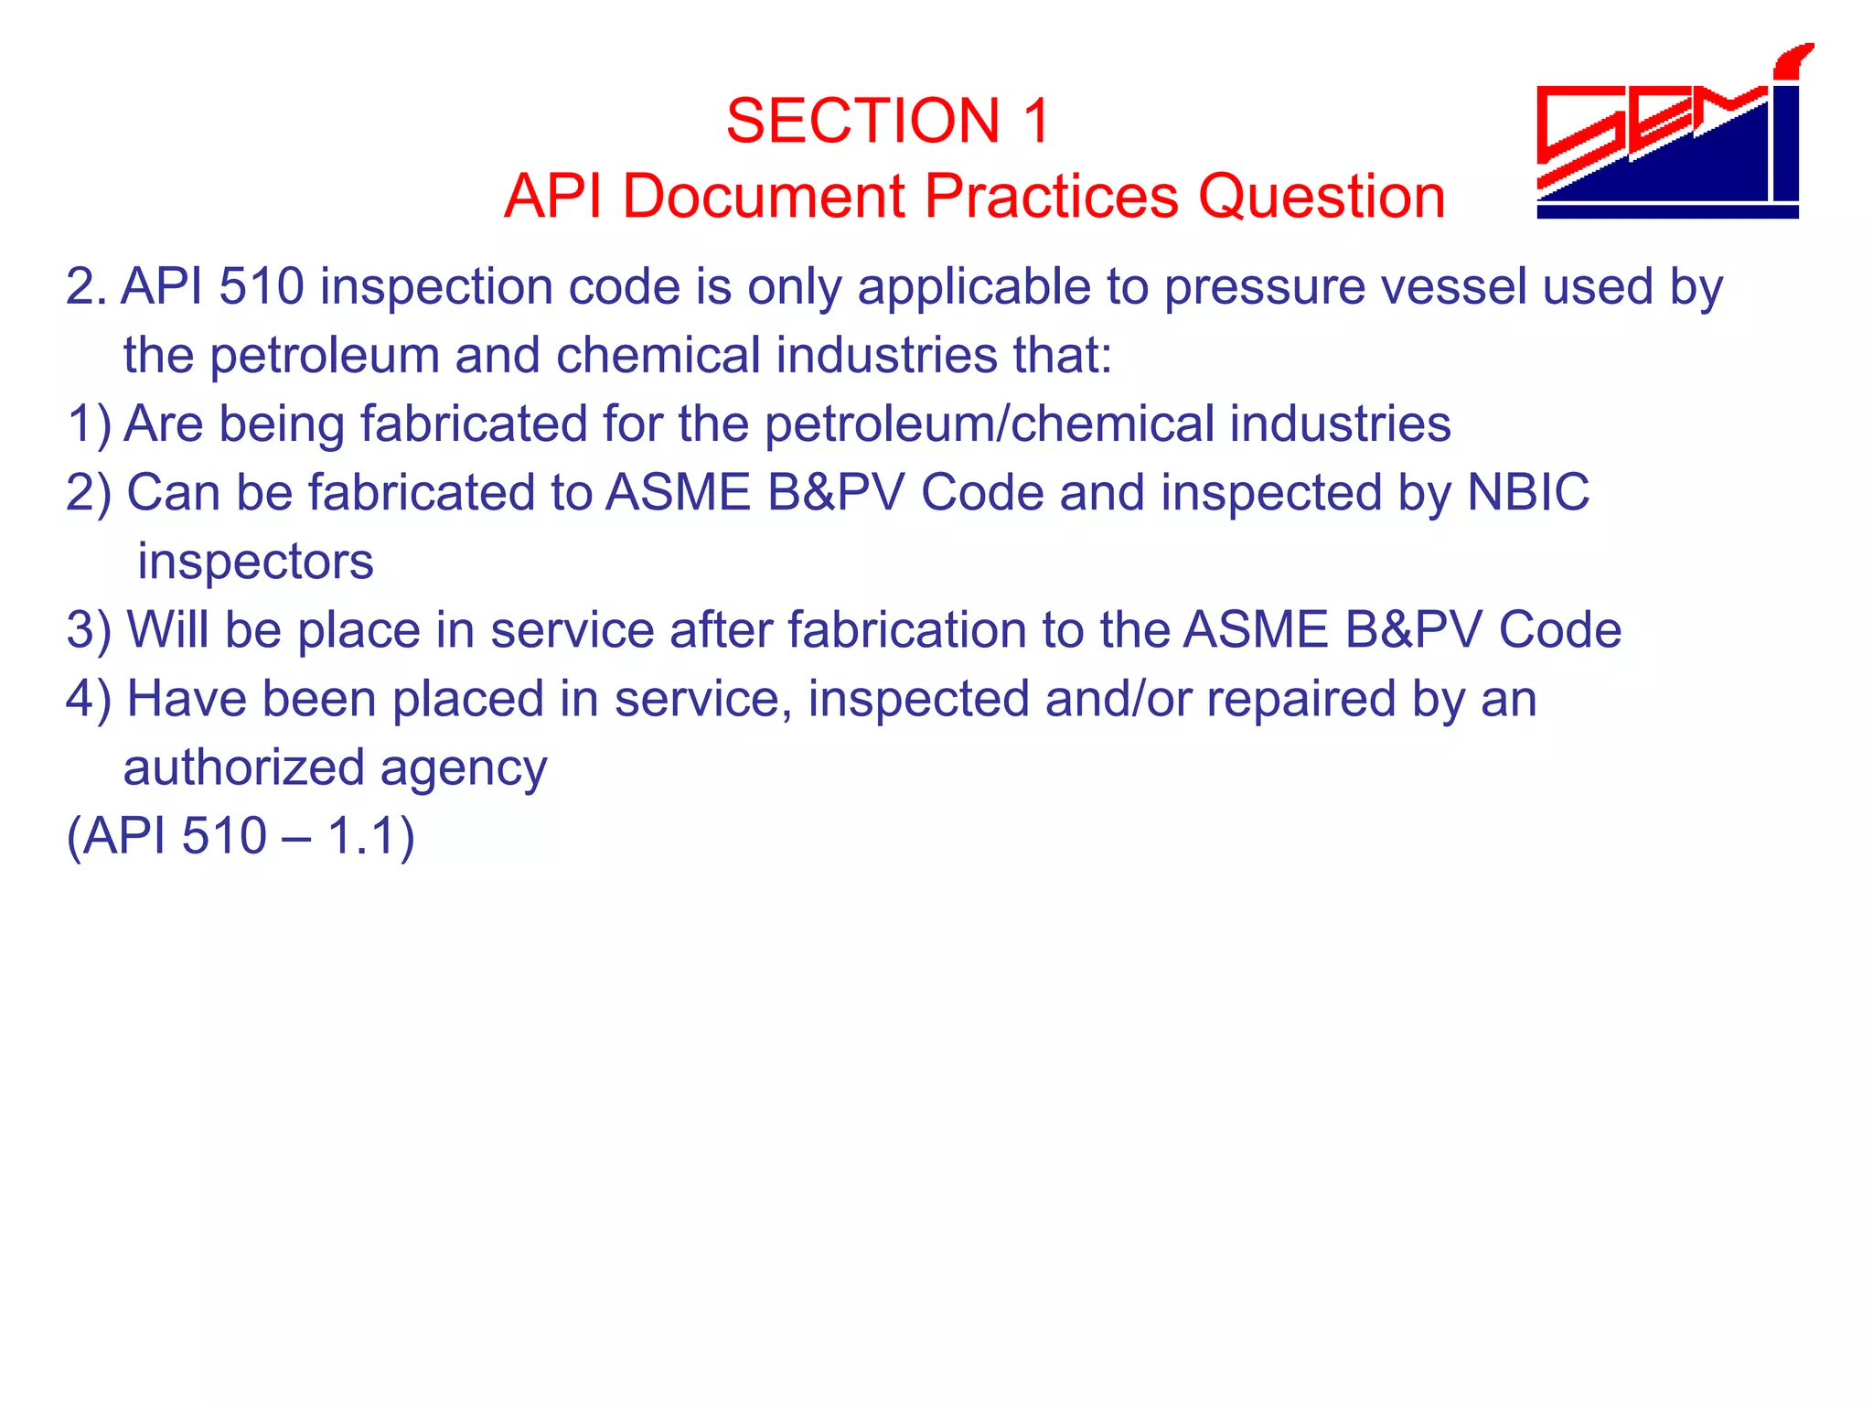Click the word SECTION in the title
click(x=862, y=121)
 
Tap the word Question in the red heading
click(x=1322, y=196)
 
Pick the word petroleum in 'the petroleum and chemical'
click(x=325, y=355)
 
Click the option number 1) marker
click(x=89, y=424)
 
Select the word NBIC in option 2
click(x=1528, y=492)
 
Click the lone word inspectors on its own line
click(x=255, y=561)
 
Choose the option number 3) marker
click(x=89, y=630)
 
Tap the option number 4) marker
click(x=89, y=699)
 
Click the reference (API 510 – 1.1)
click(x=241, y=836)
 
